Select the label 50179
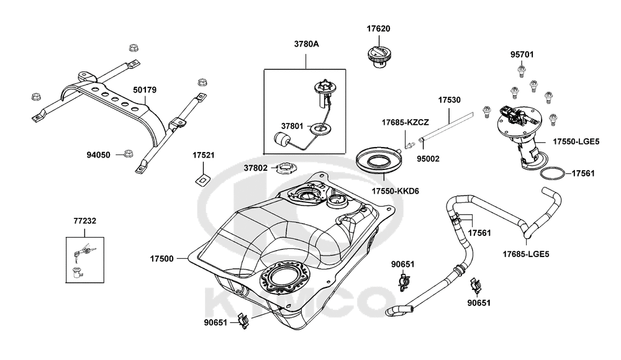point(144,90)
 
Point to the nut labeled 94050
point(129,153)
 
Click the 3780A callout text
point(306,44)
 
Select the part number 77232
point(84,220)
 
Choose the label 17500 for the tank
point(163,257)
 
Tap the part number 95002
point(428,158)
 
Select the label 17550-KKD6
point(395,191)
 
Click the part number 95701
point(522,55)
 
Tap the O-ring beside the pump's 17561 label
point(552,173)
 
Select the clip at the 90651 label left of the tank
point(247,322)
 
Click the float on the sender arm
point(283,140)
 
